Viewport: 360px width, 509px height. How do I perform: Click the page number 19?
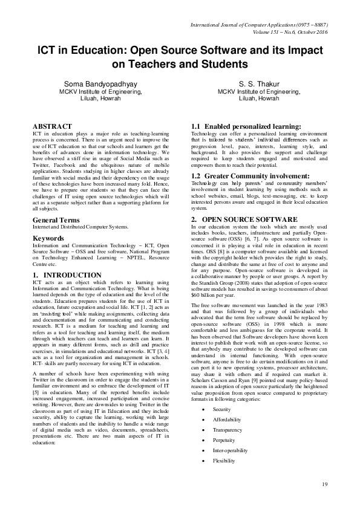tap(324, 484)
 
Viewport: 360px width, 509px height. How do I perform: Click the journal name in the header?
tap(259, 26)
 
